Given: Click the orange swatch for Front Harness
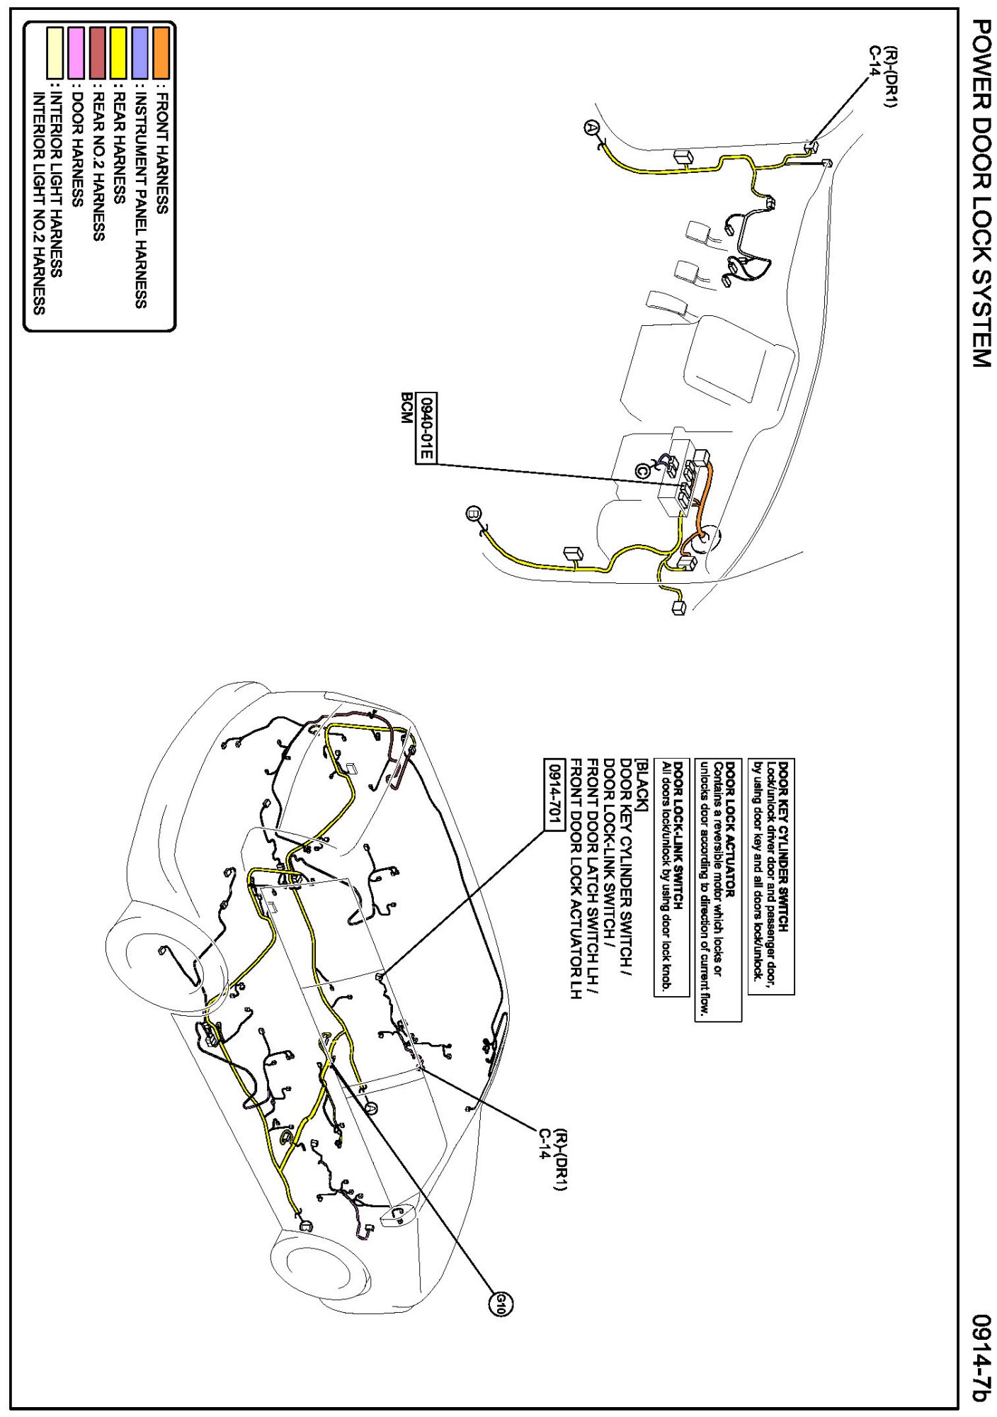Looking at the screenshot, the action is point(161,52).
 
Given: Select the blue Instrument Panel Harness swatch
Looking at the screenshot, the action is point(139,52).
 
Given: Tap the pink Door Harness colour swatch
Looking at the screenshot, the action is point(76,52).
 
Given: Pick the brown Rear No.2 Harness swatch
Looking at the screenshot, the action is point(98,52).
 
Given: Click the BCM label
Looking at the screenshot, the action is point(406,408).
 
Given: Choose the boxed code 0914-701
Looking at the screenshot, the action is point(553,794).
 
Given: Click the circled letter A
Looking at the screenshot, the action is point(591,128).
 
